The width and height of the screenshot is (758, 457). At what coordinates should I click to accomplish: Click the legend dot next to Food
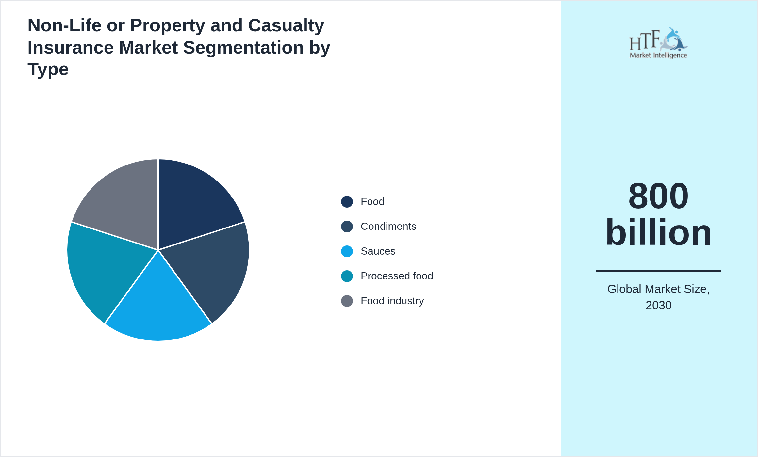(x=347, y=202)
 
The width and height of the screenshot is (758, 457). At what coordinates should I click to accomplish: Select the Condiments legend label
(x=388, y=227)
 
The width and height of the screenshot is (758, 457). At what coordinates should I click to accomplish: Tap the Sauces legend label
(x=378, y=251)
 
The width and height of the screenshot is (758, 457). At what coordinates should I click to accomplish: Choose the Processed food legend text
(x=397, y=276)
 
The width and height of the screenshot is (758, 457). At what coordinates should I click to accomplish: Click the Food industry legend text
(x=392, y=301)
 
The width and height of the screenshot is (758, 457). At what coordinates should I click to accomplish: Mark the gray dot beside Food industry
(x=347, y=301)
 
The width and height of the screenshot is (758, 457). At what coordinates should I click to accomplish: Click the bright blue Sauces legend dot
(x=347, y=251)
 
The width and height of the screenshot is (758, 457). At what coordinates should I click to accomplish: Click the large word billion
(x=658, y=232)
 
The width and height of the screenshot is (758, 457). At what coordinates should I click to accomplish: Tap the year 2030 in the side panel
(x=658, y=306)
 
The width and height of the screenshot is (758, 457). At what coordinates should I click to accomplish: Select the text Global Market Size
(x=658, y=289)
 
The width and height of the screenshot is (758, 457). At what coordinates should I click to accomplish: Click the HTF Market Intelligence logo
(x=658, y=43)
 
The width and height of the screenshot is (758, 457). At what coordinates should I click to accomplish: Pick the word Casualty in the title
(x=286, y=25)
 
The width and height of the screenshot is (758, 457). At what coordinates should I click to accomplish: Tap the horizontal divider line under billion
(x=658, y=271)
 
